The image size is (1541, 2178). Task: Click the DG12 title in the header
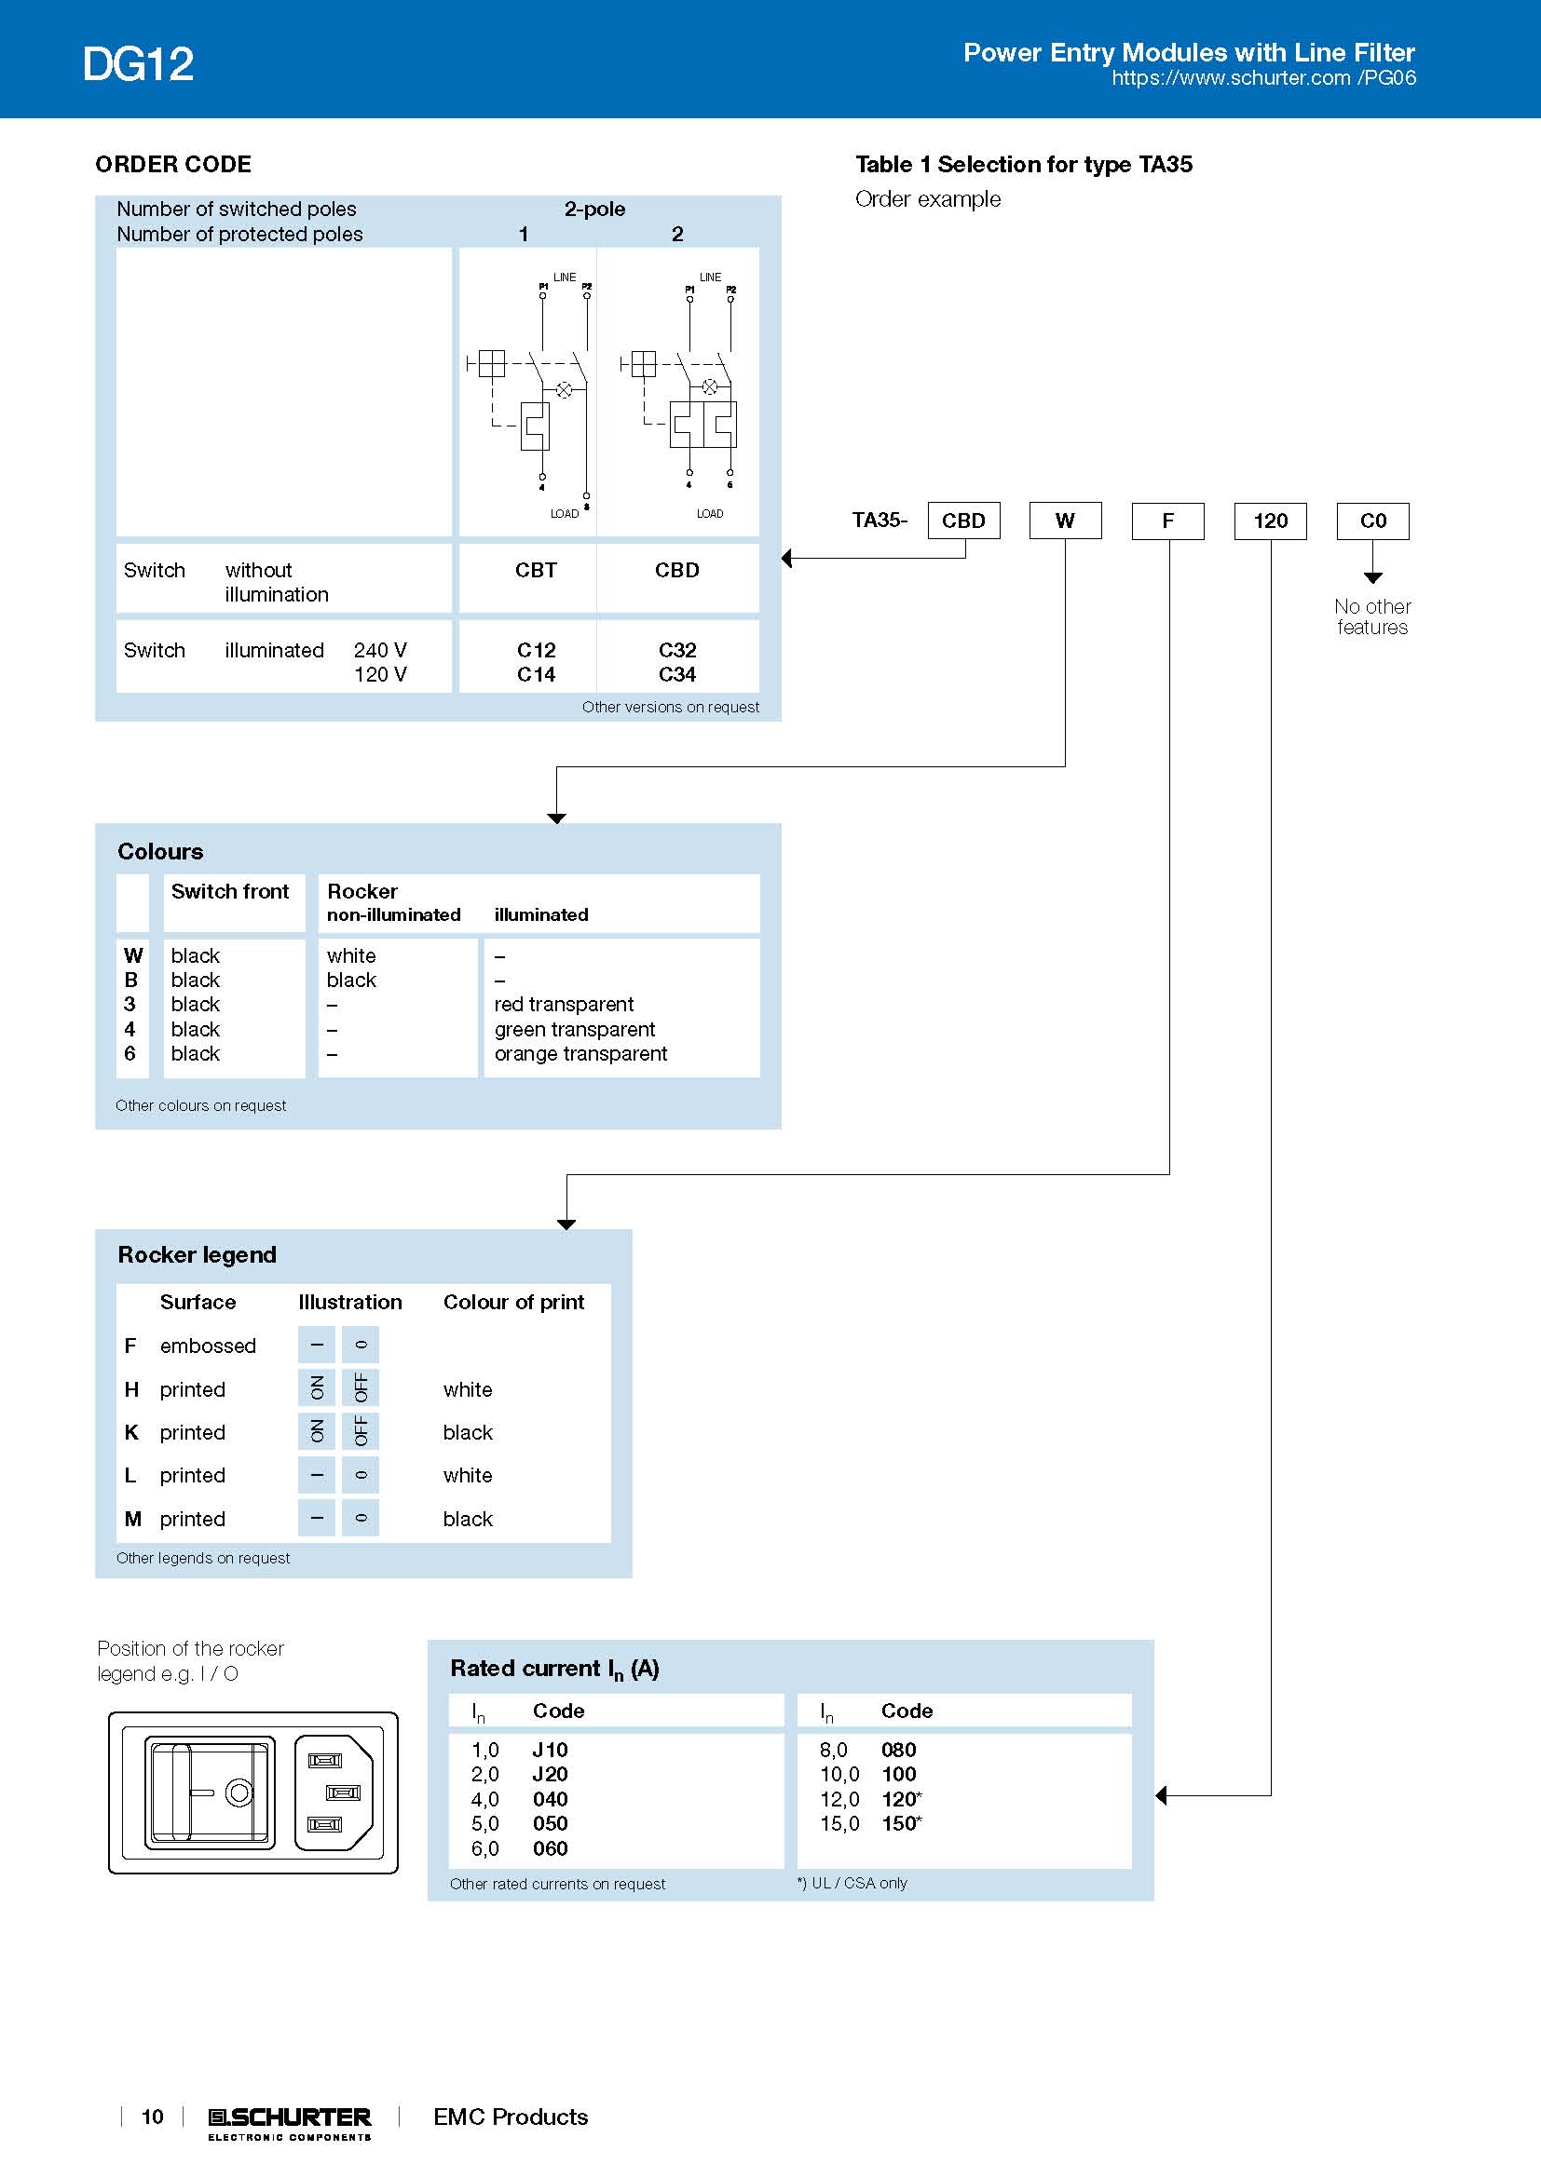138,64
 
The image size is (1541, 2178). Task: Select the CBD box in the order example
963,521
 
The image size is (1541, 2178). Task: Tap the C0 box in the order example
1372,521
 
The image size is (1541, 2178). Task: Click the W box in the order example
1065,521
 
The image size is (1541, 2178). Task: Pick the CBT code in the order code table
535,570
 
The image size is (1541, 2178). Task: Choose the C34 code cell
676,674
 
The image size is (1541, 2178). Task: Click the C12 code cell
536,650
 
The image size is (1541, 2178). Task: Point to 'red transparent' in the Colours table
564,1004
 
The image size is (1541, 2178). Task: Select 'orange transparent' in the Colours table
580,1053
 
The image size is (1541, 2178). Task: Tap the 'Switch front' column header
229,891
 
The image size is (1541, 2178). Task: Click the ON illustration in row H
317,1387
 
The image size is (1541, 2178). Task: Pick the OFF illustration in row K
361,1430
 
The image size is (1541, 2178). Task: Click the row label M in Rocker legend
133,1519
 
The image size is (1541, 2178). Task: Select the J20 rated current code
550,1774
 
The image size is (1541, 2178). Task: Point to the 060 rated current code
550,1847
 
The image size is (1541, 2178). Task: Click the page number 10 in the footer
152,2117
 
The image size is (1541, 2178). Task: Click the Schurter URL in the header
1263,78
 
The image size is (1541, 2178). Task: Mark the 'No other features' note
1372,616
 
